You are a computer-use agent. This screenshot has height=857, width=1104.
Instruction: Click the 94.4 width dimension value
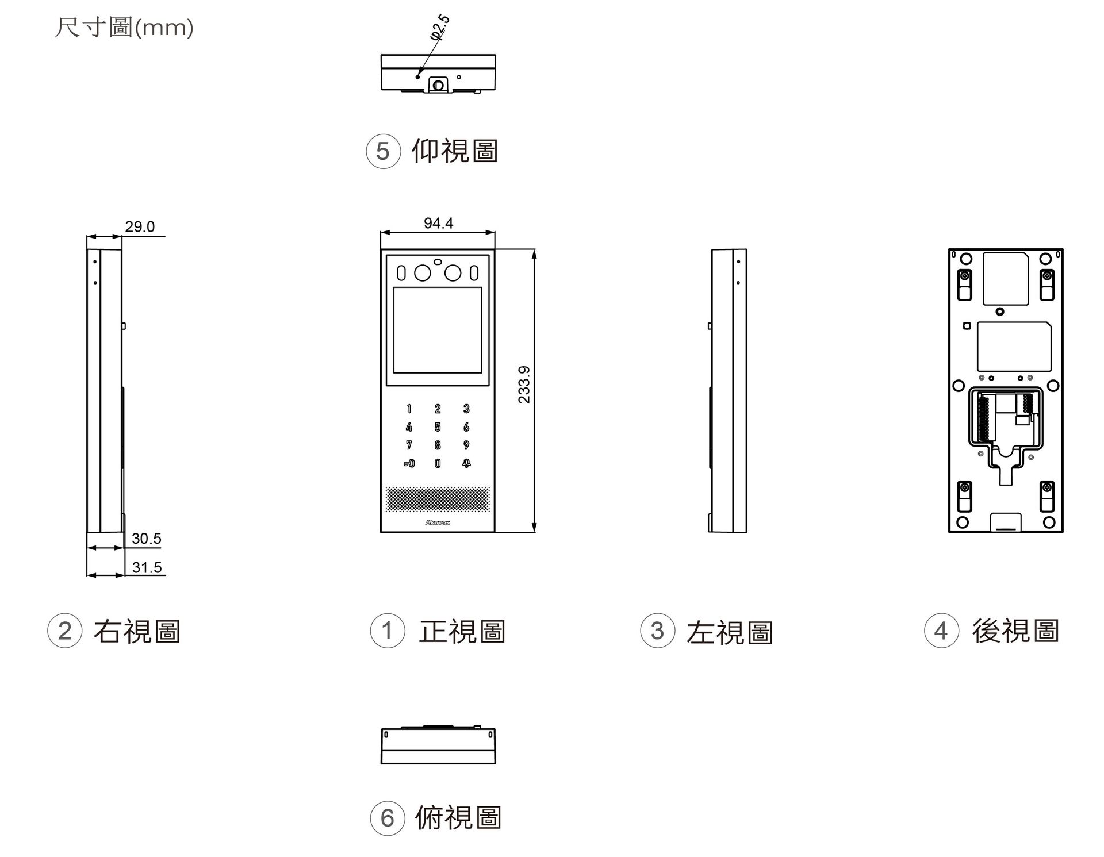[x=438, y=223]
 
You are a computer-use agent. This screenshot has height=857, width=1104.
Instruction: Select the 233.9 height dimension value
[x=524, y=385]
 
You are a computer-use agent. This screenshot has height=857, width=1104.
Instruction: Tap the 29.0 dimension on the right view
[x=140, y=226]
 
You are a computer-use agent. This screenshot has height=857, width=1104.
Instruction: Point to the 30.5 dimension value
[x=146, y=539]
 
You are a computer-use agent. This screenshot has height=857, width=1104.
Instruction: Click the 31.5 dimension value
[x=147, y=567]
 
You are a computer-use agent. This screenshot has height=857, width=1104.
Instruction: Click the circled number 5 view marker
[x=383, y=152]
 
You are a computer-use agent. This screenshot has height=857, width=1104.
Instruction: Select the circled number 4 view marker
[x=941, y=631]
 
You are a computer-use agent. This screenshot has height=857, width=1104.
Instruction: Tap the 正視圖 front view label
[x=462, y=631]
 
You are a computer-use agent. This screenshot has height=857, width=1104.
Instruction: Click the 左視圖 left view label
[x=730, y=632]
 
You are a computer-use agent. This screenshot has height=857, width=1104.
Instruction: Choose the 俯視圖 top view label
[x=458, y=817]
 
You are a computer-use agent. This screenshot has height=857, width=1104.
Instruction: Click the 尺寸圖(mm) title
[x=124, y=27]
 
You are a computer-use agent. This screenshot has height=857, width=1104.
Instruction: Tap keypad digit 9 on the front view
[x=466, y=445]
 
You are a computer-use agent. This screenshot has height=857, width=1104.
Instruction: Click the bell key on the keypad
[x=466, y=463]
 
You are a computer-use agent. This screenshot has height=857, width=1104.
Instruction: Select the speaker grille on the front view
[x=438, y=499]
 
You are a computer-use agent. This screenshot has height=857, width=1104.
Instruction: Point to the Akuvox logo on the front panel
[x=438, y=522]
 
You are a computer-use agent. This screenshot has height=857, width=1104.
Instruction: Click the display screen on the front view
[x=438, y=330]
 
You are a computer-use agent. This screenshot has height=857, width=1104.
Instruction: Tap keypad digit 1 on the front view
[x=409, y=409]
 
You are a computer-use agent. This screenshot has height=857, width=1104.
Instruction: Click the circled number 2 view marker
[x=65, y=631]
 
